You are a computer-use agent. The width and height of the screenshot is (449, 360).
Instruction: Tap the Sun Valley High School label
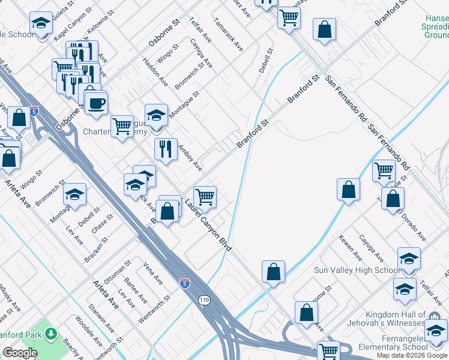pyautogui.click(x=357, y=270)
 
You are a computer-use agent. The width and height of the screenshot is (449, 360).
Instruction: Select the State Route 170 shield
pyautogui.click(x=205, y=299)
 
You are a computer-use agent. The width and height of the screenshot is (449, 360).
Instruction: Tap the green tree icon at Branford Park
pyautogui.click(x=52, y=332)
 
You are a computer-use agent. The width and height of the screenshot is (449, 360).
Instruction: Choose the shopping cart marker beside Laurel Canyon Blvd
pyautogui.click(x=205, y=196)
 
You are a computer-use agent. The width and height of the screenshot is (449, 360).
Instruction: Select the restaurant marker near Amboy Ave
pyautogui.click(x=166, y=148)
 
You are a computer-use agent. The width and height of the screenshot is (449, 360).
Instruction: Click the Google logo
pyautogui.click(x=20, y=353)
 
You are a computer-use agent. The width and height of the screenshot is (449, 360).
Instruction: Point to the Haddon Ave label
pyautogui.click(x=155, y=70)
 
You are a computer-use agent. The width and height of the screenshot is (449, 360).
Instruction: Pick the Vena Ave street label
pyautogui.click(x=153, y=272)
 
